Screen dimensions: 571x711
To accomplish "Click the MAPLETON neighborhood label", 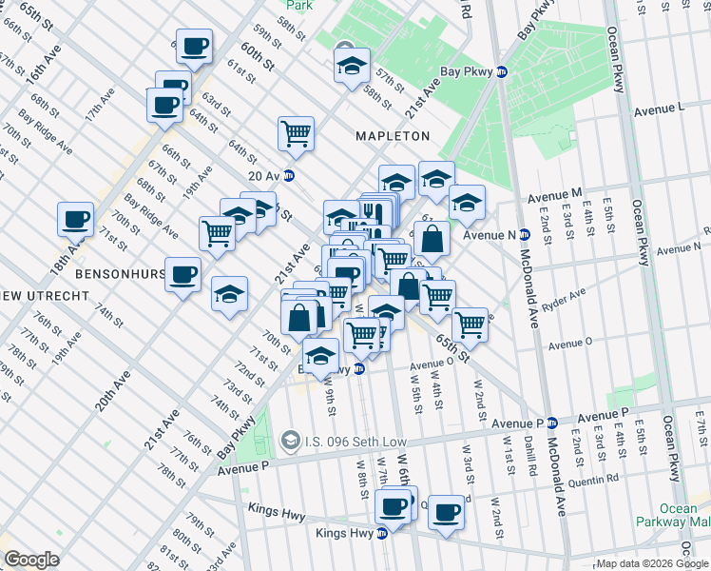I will tap(393, 136).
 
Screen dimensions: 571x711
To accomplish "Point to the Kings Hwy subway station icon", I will tap(383, 534).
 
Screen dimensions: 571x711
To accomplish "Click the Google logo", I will tap(32, 560).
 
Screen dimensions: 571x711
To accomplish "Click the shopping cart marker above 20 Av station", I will tap(296, 132).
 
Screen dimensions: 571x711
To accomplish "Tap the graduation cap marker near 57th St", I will tap(351, 68).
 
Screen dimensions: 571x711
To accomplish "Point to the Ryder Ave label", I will tap(590, 295).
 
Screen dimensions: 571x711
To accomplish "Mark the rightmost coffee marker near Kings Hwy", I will tap(445, 513).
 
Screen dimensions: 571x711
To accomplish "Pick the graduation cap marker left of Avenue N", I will tap(467, 202).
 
